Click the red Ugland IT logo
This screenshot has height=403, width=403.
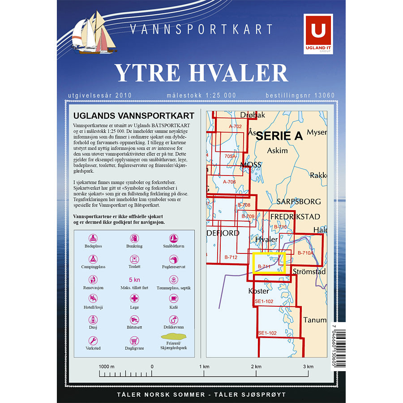(318, 34)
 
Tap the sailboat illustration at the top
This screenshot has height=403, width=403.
(94, 34)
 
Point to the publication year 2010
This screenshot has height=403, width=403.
(123, 95)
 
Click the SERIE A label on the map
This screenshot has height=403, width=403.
(279, 137)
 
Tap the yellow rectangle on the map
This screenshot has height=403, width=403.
(269, 262)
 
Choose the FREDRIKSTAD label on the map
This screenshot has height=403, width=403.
(295, 217)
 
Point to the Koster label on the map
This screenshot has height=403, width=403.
(258, 291)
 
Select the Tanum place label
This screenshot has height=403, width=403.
(315, 320)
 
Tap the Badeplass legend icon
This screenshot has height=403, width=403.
(93, 239)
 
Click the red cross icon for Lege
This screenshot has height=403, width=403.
(134, 298)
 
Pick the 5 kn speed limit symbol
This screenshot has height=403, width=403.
(134, 279)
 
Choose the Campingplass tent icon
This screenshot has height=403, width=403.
(93, 259)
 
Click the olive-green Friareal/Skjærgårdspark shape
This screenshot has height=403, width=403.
(174, 336)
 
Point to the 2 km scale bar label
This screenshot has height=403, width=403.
(256, 367)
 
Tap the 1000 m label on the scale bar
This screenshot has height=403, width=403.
(107, 367)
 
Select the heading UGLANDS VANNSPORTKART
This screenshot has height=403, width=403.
(133, 116)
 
